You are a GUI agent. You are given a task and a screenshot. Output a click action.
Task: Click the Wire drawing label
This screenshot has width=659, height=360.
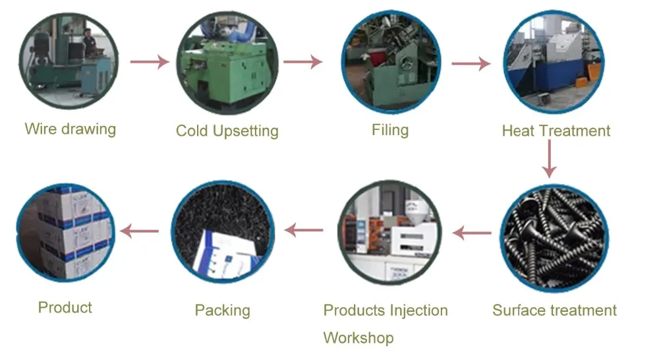70,129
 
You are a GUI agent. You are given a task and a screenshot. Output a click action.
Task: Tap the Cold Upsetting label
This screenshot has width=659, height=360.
227,131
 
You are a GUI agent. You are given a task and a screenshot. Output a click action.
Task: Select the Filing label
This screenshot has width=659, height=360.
390,129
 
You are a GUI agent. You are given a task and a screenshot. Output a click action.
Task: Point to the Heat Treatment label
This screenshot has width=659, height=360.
556,131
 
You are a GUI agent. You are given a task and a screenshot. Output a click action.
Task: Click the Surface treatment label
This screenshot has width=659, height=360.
554,310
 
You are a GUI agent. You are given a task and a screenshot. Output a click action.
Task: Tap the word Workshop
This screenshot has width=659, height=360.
358,338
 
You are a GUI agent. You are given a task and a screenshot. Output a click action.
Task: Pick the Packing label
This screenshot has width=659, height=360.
222,310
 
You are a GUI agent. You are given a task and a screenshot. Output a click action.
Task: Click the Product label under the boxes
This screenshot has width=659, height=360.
65,307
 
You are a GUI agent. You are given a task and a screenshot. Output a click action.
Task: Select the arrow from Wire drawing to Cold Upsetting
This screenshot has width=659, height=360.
149,62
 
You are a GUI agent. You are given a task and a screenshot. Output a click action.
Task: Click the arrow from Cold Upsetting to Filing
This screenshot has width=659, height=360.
302,62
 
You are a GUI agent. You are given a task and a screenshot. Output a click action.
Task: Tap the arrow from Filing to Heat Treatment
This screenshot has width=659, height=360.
471,63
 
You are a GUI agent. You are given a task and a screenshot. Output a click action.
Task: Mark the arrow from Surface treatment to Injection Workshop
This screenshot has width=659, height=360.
472,232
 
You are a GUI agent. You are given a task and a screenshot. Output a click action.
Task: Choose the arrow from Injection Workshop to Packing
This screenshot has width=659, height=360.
304,230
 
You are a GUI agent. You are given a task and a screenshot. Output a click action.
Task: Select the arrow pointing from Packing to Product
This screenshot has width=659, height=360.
140,231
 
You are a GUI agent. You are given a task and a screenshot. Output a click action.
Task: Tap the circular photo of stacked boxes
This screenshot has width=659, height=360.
65,233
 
